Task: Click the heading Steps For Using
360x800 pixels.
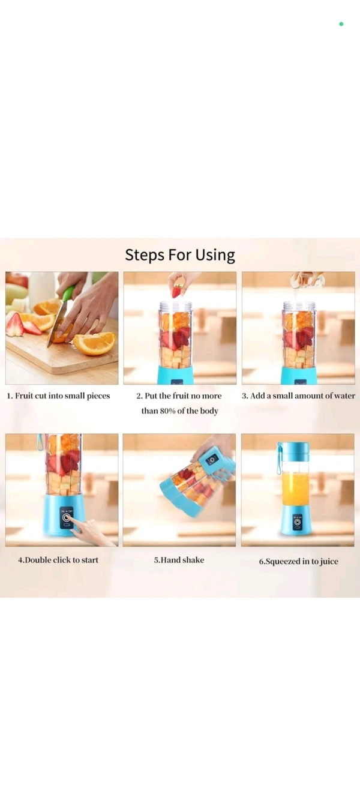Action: (180, 255)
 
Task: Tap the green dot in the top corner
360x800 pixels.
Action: (341, 24)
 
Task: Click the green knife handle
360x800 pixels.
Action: (68, 293)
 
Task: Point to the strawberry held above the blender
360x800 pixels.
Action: (177, 292)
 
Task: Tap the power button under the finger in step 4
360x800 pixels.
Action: (66, 517)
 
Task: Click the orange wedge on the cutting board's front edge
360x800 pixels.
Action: (95, 343)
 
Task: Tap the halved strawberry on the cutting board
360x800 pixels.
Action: (15, 325)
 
